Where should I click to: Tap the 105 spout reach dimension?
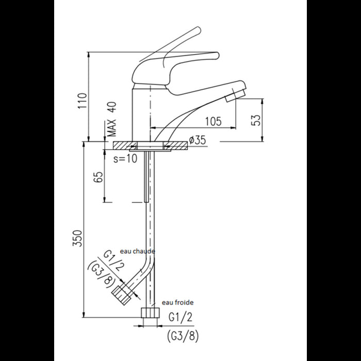(213, 121)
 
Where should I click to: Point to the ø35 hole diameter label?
(198, 140)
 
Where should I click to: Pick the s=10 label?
(125, 158)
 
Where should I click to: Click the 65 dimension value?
(100, 177)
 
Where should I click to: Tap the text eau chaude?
(137, 251)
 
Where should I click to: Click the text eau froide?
(178, 303)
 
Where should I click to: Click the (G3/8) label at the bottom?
(183, 336)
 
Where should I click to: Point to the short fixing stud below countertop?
(147, 175)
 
